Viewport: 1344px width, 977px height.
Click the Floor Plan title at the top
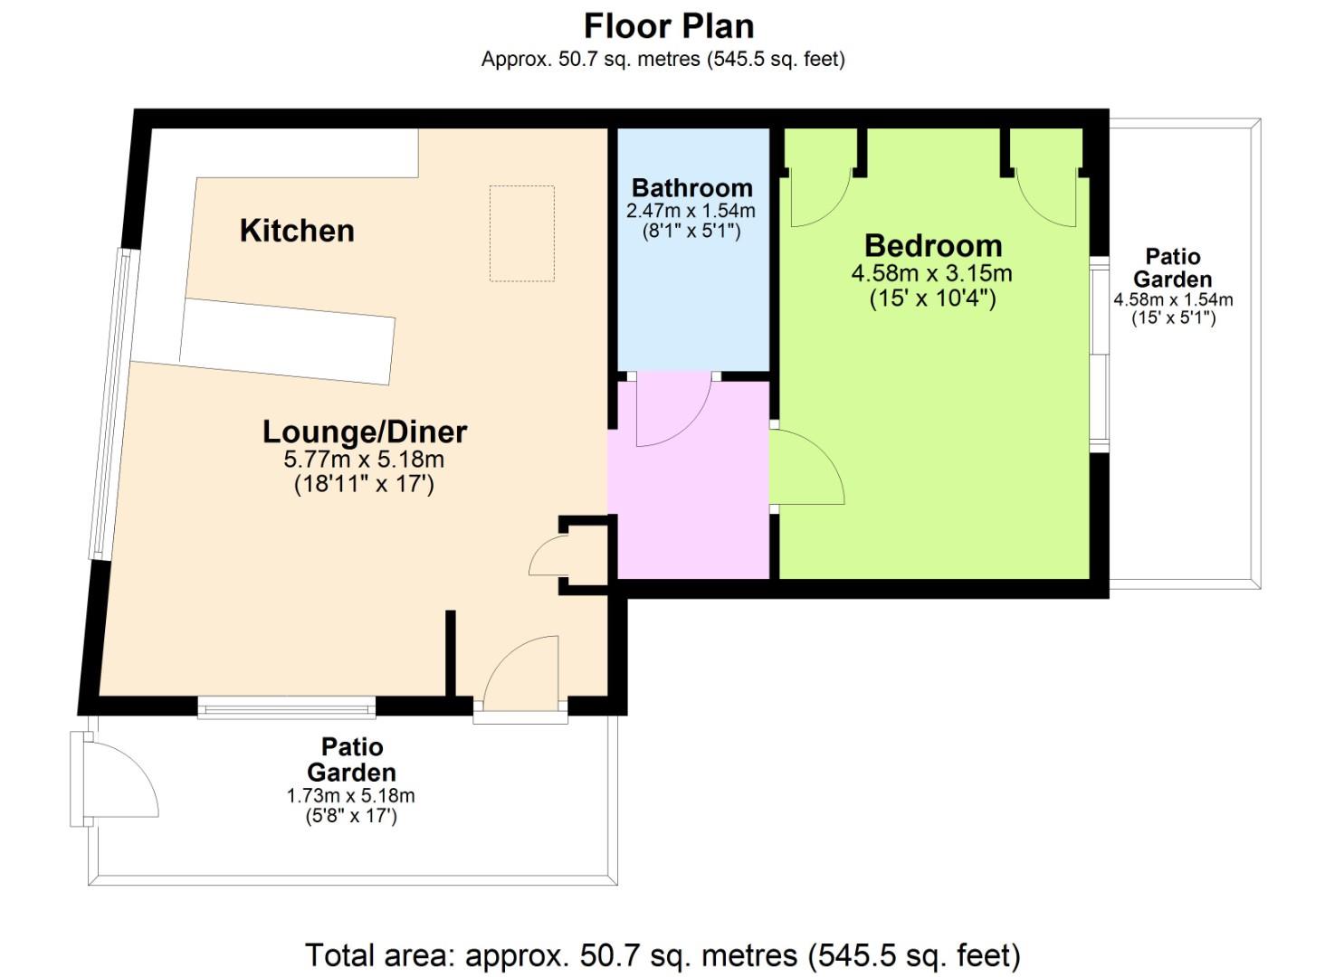(669, 26)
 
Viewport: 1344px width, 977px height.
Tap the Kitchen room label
(297, 231)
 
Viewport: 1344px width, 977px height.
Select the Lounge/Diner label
(365, 432)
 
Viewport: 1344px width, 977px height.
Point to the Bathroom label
(691, 188)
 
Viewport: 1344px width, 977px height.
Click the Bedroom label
(933, 246)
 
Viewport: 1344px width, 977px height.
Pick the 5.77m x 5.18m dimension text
(364, 460)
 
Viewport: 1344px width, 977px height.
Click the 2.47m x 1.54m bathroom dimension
(691, 211)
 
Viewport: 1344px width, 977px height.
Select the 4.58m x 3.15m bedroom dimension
(932, 273)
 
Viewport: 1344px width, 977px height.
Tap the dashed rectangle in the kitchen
(522, 233)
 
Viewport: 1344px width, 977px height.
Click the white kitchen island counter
(288, 341)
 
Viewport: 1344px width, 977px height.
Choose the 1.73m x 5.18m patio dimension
(351, 796)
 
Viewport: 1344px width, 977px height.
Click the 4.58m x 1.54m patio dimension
(1174, 299)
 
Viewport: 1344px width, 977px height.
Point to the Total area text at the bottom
(663, 954)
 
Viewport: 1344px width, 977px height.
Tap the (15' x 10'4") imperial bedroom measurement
(932, 299)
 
